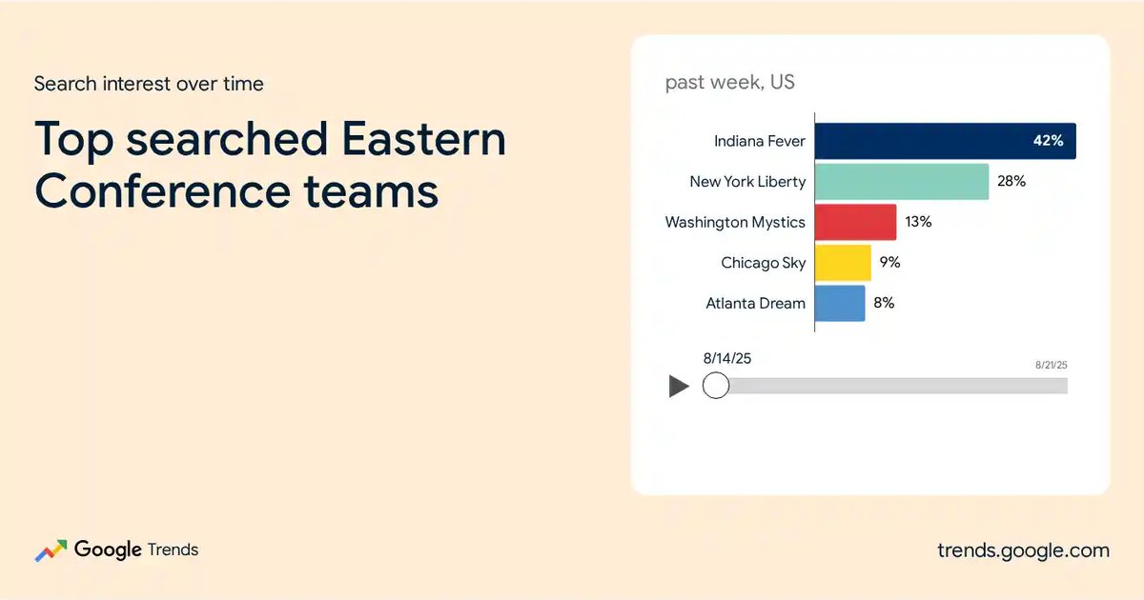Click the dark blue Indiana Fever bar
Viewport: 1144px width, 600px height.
tap(946, 141)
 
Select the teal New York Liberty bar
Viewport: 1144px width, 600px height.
tap(902, 182)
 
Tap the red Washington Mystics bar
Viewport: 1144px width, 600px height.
tap(855, 222)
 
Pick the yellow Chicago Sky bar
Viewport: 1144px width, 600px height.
tap(843, 263)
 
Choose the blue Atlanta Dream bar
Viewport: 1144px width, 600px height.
tap(840, 303)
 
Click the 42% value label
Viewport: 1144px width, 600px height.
tap(1048, 140)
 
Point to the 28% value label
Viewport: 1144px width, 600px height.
tap(1011, 181)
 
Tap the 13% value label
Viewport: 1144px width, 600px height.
tap(918, 221)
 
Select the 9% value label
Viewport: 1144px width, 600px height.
tap(889, 262)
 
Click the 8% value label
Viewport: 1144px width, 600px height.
tap(884, 303)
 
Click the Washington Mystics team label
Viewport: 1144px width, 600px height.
tap(735, 223)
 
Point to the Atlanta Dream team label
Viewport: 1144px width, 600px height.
tap(755, 303)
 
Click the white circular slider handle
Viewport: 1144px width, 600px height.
tap(716, 385)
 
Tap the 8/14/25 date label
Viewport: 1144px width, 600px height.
tap(727, 358)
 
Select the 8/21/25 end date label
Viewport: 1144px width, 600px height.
tap(1051, 365)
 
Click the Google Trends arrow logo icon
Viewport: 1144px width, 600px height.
tap(51, 550)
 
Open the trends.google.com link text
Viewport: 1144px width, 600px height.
tap(1024, 550)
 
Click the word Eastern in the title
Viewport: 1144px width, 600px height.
tap(423, 139)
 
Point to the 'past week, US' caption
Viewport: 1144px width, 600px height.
tap(730, 82)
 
